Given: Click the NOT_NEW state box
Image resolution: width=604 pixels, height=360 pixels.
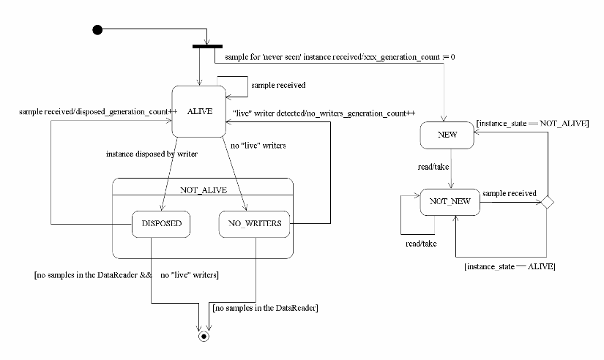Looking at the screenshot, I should (x=450, y=201).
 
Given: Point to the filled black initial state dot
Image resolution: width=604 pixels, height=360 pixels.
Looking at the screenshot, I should (x=97, y=29).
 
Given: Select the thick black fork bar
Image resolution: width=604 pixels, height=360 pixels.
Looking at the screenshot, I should (x=207, y=47).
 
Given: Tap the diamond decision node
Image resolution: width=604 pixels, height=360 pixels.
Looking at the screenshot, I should (x=545, y=201).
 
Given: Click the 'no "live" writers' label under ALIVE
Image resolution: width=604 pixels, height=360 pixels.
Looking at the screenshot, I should (x=258, y=146).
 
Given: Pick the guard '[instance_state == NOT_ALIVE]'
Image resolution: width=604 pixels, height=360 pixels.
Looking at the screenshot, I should (x=532, y=123).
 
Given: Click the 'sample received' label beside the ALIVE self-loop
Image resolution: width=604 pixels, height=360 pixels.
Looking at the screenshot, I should (x=278, y=85).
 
